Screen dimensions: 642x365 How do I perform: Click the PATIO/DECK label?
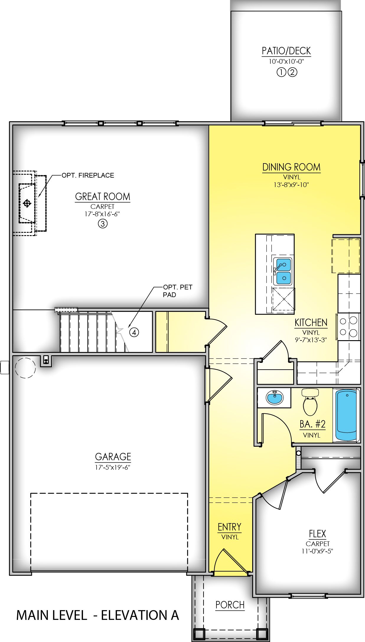pyautogui.click(x=286, y=51)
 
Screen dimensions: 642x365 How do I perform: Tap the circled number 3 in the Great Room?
pyautogui.click(x=102, y=224)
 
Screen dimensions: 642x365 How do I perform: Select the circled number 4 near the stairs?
pyautogui.click(x=134, y=333)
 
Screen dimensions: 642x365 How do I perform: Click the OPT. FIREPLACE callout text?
pyautogui.click(x=88, y=175)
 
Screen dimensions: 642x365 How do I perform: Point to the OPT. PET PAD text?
pyautogui.click(x=177, y=291)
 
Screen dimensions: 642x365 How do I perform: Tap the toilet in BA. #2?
pyautogui.click(x=310, y=403)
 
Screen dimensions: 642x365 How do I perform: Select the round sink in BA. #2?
pyautogui.click(x=275, y=397)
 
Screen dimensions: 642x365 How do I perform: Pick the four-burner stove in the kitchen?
pyautogui.click(x=348, y=326)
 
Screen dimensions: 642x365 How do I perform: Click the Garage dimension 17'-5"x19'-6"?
pyautogui.click(x=113, y=467)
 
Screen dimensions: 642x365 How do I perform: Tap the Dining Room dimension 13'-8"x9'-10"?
pyautogui.click(x=291, y=185)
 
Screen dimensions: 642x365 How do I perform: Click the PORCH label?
pyautogui.click(x=230, y=605)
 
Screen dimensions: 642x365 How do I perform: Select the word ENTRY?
pyautogui.click(x=229, y=527)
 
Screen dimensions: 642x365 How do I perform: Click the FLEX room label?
pyautogui.click(x=317, y=534)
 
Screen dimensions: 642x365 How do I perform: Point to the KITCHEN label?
pyautogui.click(x=311, y=322)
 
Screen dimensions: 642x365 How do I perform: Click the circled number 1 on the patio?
pyautogui.click(x=281, y=72)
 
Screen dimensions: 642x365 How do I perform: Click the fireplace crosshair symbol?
pyautogui.click(x=27, y=203)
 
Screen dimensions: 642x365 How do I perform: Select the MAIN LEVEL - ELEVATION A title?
pyautogui.click(x=97, y=615)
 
